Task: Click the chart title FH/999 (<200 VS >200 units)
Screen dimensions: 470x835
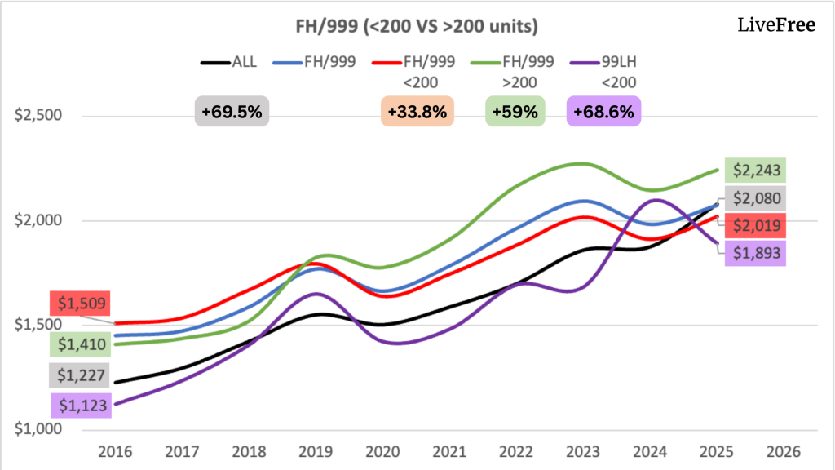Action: click(x=417, y=26)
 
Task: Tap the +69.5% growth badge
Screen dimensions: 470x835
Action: click(x=232, y=112)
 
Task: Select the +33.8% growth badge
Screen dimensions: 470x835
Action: click(x=417, y=112)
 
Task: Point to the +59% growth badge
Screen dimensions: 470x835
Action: click(x=515, y=112)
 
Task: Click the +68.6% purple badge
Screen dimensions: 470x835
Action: click(x=603, y=112)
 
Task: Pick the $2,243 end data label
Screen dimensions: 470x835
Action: click(x=758, y=171)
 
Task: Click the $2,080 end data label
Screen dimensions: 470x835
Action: click(x=758, y=197)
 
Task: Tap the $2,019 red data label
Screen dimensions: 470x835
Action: click(x=758, y=225)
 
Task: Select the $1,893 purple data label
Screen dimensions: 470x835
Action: click(x=758, y=253)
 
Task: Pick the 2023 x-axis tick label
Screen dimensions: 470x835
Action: click(x=584, y=451)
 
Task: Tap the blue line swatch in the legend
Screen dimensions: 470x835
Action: click(x=283, y=61)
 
